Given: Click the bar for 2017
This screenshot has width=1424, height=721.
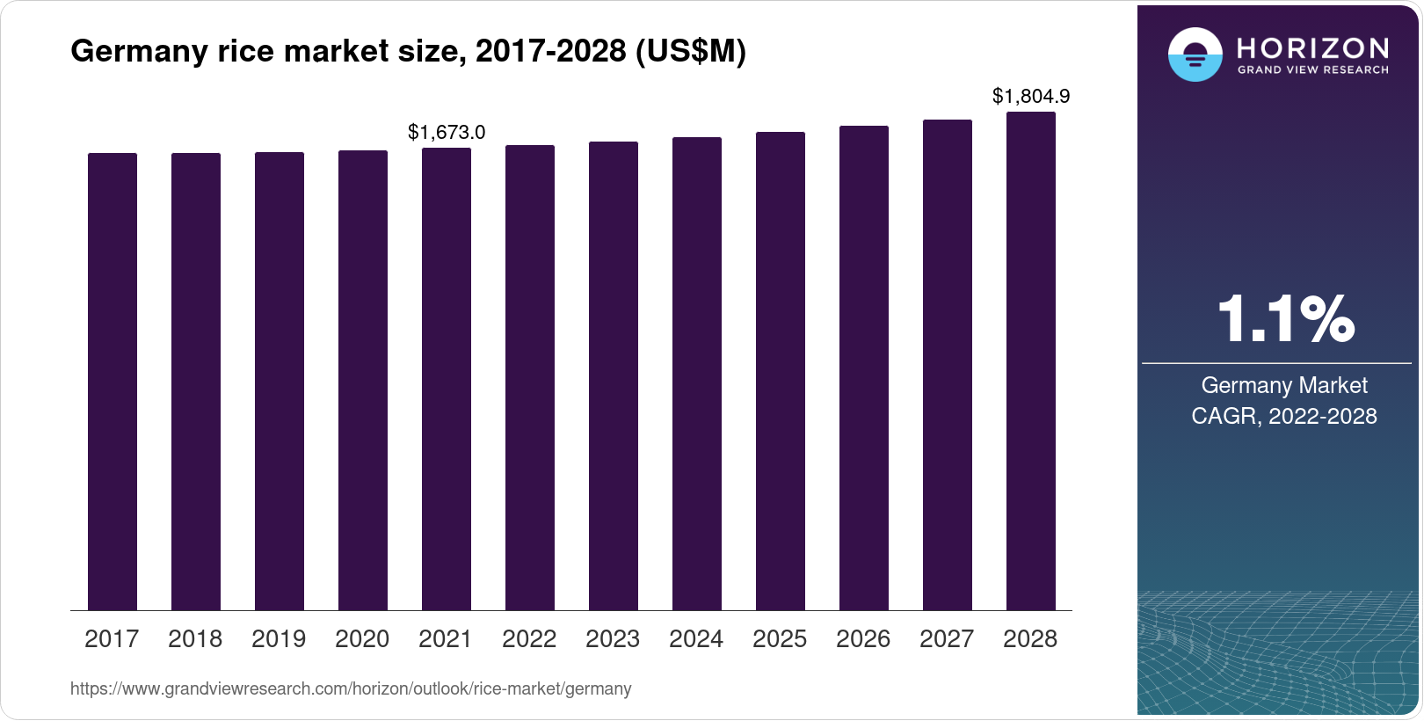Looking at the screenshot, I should (x=113, y=382).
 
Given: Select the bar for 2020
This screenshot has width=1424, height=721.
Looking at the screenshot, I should (x=363, y=380).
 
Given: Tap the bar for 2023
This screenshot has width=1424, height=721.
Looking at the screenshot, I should (x=614, y=375).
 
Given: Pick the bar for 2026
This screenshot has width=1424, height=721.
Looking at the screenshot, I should (x=864, y=368).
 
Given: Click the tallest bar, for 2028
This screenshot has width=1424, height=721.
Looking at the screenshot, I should (x=1031, y=360).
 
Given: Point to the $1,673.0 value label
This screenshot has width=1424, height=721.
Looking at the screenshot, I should (x=447, y=133).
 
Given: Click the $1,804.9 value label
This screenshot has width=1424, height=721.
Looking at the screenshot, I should (x=1031, y=96).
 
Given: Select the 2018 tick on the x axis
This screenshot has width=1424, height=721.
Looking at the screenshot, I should (x=195, y=639).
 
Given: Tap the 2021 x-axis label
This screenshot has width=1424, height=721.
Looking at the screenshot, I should (x=446, y=639).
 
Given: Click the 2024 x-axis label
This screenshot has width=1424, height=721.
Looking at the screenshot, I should (x=696, y=639).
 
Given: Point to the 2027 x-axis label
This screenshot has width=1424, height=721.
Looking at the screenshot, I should (x=947, y=639).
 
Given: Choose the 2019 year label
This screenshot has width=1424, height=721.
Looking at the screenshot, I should (x=279, y=639).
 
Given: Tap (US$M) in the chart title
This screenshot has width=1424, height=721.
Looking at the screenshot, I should (x=690, y=52).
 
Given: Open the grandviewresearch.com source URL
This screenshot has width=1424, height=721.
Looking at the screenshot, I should (x=351, y=689).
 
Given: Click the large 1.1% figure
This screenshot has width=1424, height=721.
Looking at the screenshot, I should (x=1285, y=319).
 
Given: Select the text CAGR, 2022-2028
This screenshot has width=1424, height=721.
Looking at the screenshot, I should (x=1284, y=416).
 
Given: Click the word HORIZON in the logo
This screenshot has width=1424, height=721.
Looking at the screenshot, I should (x=1313, y=48).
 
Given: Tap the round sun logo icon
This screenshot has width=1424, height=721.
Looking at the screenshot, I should (x=1195, y=55).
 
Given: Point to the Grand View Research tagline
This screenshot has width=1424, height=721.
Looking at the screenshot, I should (x=1313, y=69).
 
